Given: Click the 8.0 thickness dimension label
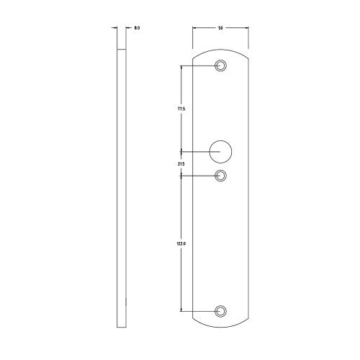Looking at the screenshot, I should pyautogui.click(x=137, y=28).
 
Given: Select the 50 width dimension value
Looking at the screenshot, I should pyautogui.click(x=220, y=28).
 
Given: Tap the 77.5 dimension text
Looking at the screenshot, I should pyautogui.click(x=181, y=109).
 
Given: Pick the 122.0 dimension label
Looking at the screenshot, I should pyautogui.click(x=181, y=245).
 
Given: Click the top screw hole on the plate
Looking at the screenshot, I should pyautogui.click(x=221, y=66).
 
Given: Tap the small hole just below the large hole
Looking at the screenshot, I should pyautogui.click(x=221, y=175).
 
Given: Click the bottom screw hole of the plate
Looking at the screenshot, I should pyautogui.click(x=221, y=310).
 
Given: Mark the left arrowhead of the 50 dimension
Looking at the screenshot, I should pyautogui.click(x=195, y=28).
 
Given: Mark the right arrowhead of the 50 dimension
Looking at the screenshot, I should pyautogui.click(x=247, y=28).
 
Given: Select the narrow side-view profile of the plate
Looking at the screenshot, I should pyautogui.click(x=122, y=187).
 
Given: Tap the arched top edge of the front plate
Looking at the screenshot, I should pyautogui.click(x=221, y=48).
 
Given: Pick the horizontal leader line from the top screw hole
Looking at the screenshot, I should pyautogui.click(x=198, y=66).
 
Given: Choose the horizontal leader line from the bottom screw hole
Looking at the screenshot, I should pyautogui.click(x=198, y=310).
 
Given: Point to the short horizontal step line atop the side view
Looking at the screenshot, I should pyautogui.click(x=122, y=48).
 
